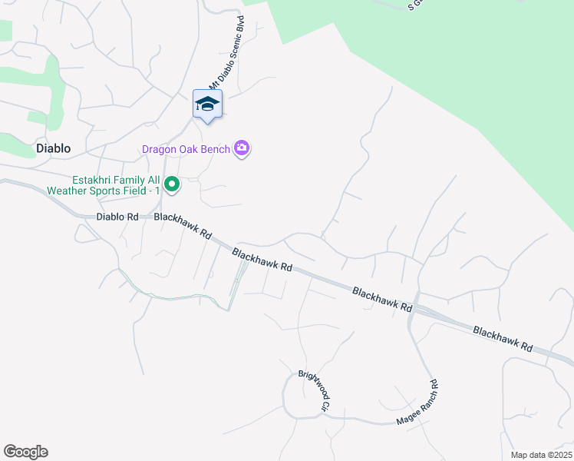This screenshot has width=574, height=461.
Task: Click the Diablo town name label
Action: [x=53, y=148]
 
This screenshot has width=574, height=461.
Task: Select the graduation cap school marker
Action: [x=207, y=104]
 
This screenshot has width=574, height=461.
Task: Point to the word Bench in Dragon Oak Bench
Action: [x=215, y=149]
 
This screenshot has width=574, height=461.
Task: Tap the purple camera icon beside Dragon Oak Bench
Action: [x=242, y=148]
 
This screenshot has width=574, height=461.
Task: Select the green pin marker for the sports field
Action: [x=173, y=184]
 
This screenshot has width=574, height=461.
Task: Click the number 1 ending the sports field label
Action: [x=156, y=191]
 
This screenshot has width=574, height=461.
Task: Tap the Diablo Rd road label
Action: [x=117, y=217]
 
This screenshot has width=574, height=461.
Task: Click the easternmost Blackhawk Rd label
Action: [x=503, y=337]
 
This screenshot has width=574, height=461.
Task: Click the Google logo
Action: [x=25, y=452]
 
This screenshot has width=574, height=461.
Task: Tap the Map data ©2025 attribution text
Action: [x=540, y=455]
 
